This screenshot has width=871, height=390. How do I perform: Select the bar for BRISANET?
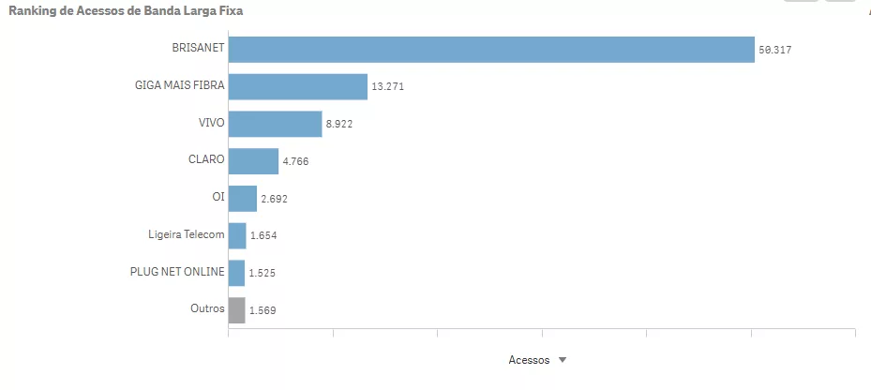[x=491, y=50]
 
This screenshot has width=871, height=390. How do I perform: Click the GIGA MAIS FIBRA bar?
[x=297, y=86]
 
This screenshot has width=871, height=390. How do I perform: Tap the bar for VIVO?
[x=275, y=124]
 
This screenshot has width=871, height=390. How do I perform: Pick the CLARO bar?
[x=253, y=161]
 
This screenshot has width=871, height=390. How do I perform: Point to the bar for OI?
[x=242, y=198]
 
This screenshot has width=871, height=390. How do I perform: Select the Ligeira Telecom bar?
[x=237, y=235]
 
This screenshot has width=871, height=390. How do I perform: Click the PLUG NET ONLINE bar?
[x=236, y=273]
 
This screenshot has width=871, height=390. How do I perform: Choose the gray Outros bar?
[x=236, y=309]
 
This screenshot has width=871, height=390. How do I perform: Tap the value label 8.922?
[x=339, y=124]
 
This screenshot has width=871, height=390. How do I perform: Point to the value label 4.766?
[x=295, y=161]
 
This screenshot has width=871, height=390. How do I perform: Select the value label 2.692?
[x=274, y=199]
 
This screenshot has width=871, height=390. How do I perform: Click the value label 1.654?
[x=263, y=236]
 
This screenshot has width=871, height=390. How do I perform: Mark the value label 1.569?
[x=263, y=310]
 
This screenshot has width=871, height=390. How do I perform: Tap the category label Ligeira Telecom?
[x=186, y=234]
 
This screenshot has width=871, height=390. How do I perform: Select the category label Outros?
[x=206, y=308]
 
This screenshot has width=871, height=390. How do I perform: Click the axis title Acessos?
[x=529, y=360]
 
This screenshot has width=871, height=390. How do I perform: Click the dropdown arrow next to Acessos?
[x=563, y=360]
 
